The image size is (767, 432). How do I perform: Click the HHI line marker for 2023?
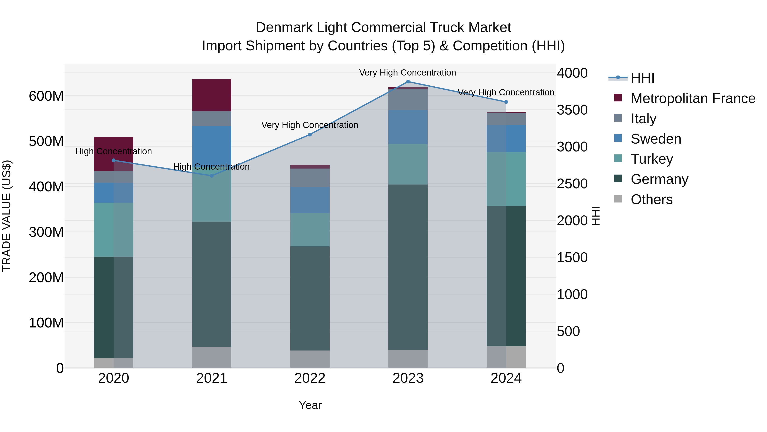point(408,82)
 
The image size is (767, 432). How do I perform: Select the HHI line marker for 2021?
point(212,176)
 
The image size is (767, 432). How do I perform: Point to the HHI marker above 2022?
point(310,134)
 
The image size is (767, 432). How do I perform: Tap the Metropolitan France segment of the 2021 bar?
point(212,95)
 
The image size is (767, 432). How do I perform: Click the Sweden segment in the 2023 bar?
point(408,127)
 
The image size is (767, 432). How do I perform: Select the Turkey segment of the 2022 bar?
point(310,230)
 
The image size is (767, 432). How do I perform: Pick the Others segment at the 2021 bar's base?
point(212,357)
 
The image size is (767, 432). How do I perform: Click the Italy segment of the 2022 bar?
point(310,178)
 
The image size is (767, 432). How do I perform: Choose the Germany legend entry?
point(659,179)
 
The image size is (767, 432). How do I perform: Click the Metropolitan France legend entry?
point(693,98)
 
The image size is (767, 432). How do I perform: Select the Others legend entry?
point(651,199)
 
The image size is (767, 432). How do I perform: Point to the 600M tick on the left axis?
point(46,96)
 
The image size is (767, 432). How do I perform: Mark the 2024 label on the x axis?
point(506,378)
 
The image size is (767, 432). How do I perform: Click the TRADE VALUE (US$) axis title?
point(7,216)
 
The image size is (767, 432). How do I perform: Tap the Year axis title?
point(310,405)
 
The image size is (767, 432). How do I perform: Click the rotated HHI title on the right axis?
point(595,216)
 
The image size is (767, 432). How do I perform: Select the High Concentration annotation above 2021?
point(211,167)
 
